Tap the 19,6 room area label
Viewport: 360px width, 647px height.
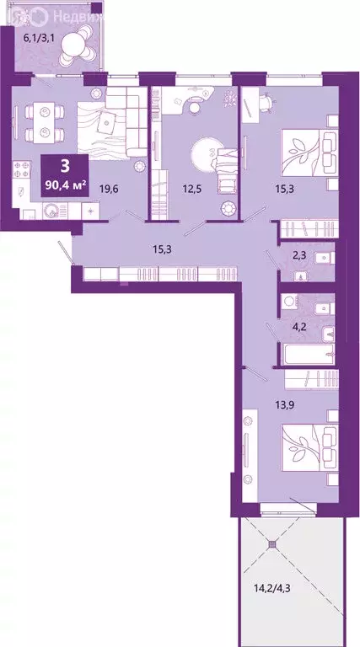click(108, 190)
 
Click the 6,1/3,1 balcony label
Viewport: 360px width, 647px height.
click(38, 38)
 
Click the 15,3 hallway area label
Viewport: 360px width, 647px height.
click(161, 250)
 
